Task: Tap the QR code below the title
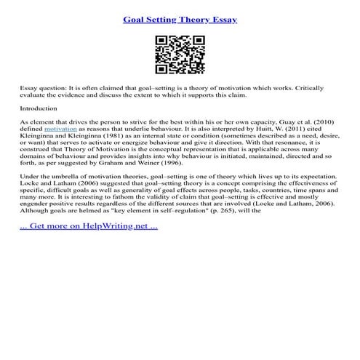pos(180,55)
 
